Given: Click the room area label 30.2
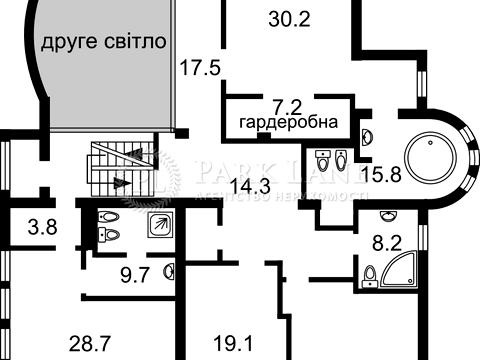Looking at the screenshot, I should coord(290,16).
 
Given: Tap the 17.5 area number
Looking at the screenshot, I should coord(200,68).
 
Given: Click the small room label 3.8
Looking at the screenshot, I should coord(42,227).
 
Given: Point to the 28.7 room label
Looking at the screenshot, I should coord(90,344).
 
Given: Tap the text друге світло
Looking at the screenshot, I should coord(103,44).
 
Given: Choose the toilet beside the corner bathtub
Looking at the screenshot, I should coord(369,271).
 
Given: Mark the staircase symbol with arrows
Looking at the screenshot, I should coord(118,169).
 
